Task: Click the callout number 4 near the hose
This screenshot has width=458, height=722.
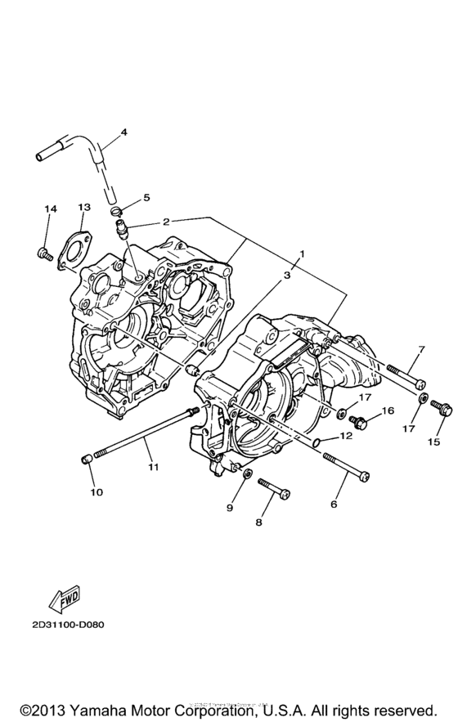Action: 124,132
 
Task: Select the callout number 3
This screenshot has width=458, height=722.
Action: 287,276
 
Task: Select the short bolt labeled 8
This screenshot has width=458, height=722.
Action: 274,491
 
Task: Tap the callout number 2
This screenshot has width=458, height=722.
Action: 166,222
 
